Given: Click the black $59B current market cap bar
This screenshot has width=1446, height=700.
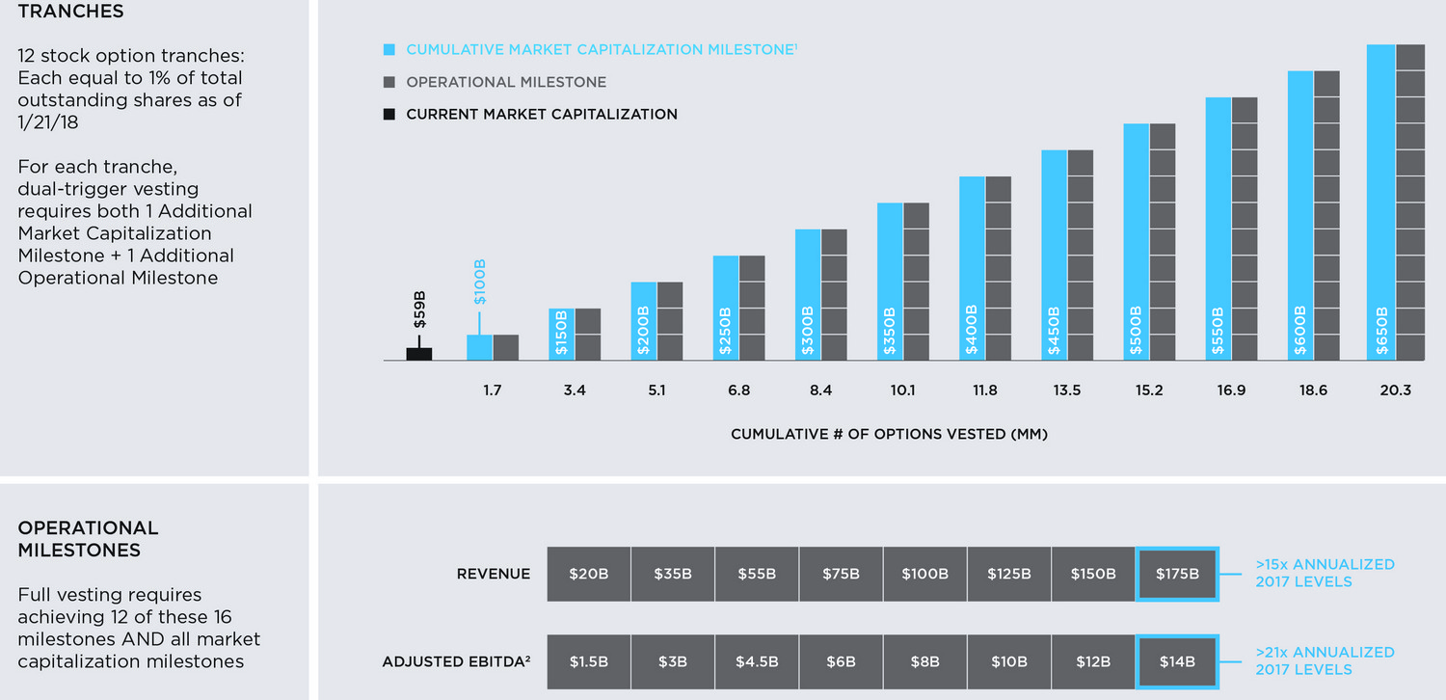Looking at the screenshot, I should point(419,354).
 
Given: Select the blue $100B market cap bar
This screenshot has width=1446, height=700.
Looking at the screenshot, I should point(479,347).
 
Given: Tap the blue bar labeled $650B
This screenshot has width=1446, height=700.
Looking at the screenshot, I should point(1381,202).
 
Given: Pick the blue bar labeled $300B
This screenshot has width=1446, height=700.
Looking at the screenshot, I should point(808,294).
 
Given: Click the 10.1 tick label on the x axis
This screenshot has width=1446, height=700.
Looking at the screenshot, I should point(902,390).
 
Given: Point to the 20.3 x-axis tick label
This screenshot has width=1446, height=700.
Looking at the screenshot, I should point(1395,390).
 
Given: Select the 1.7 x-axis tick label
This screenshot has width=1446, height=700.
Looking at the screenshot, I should point(493,390).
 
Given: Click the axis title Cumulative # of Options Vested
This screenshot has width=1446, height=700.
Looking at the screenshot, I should point(889,434).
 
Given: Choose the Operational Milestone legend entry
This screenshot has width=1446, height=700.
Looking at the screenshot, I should point(506,82).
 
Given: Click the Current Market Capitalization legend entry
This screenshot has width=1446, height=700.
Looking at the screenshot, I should point(541,114).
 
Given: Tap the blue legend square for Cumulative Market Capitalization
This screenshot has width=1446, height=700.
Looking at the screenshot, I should point(388,49).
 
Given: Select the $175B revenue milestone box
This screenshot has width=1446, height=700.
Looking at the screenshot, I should point(1178,574).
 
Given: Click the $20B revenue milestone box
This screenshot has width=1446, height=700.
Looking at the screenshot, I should point(588,574).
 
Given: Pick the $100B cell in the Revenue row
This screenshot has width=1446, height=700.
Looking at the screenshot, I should point(924,574).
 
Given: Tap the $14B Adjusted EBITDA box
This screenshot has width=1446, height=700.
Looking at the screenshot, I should point(1178,661).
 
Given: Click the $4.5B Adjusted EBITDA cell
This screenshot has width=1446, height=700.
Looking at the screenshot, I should point(757,661).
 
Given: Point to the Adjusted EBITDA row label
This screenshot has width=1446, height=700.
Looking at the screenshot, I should point(456,661).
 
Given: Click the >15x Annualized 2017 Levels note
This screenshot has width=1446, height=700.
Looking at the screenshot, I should point(1325,573).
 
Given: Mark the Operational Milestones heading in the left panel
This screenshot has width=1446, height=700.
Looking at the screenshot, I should point(88,539).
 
